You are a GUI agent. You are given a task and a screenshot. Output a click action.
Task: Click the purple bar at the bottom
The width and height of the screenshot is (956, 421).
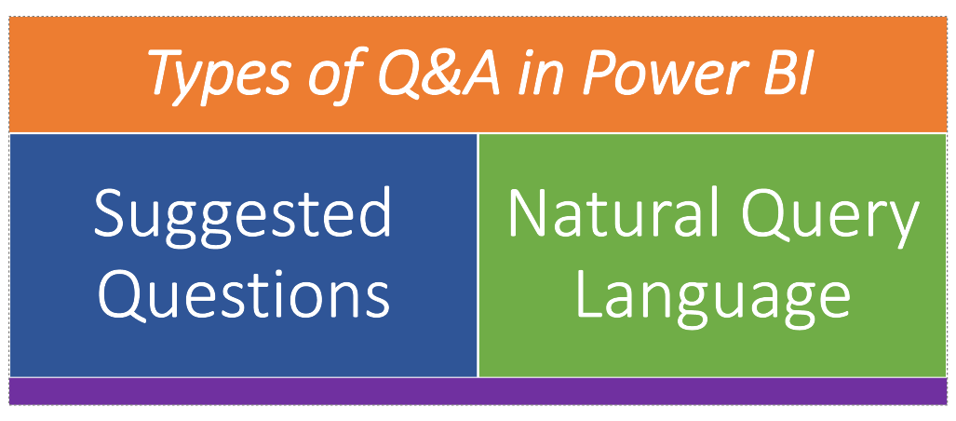point(478,391)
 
